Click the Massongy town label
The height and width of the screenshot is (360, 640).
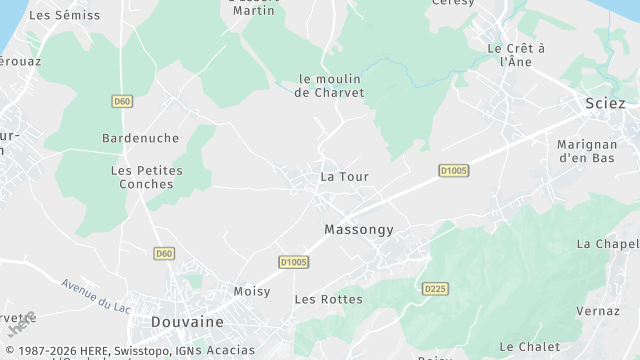359,230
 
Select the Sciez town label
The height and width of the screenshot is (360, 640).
605,104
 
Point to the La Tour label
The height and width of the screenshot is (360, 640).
344,177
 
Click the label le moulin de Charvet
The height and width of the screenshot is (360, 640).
330,85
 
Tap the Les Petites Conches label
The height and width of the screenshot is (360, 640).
146,177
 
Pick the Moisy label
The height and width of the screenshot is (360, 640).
251,291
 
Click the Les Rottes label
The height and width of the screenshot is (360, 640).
328,299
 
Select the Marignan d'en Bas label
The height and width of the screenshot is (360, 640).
598,151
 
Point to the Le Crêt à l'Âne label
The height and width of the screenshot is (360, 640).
515,54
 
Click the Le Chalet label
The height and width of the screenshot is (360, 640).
528,347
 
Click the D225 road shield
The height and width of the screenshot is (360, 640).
433,289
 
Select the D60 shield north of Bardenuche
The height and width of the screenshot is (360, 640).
122,101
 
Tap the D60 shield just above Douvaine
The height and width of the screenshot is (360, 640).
165,254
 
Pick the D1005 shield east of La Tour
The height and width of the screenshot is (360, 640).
454,171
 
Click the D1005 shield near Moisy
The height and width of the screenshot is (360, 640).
294,262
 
